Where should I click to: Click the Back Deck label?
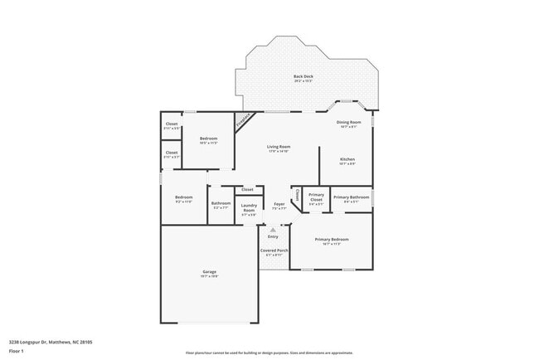pyautogui.click(x=303, y=77)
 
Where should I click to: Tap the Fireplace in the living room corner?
pyautogui.click(x=242, y=121)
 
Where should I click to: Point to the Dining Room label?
pyautogui.click(x=348, y=123)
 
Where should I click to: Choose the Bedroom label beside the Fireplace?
pyautogui.click(x=208, y=139)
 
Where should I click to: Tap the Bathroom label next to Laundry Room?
pyautogui.click(x=221, y=203)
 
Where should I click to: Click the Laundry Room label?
pyautogui.click(x=249, y=207)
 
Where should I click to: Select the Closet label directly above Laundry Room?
pyautogui.click(x=248, y=189)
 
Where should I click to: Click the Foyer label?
pyautogui.click(x=279, y=203)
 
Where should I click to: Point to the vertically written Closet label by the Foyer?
pyautogui.click(x=295, y=196)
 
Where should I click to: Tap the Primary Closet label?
pyautogui.click(x=316, y=198)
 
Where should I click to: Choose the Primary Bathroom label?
pyautogui.click(x=351, y=197)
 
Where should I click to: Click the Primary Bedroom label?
pyautogui.click(x=332, y=239)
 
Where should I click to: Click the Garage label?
pyautogui.click(x=209, y=271)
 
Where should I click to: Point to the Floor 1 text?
pyautogui.click(x=16, y=351)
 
